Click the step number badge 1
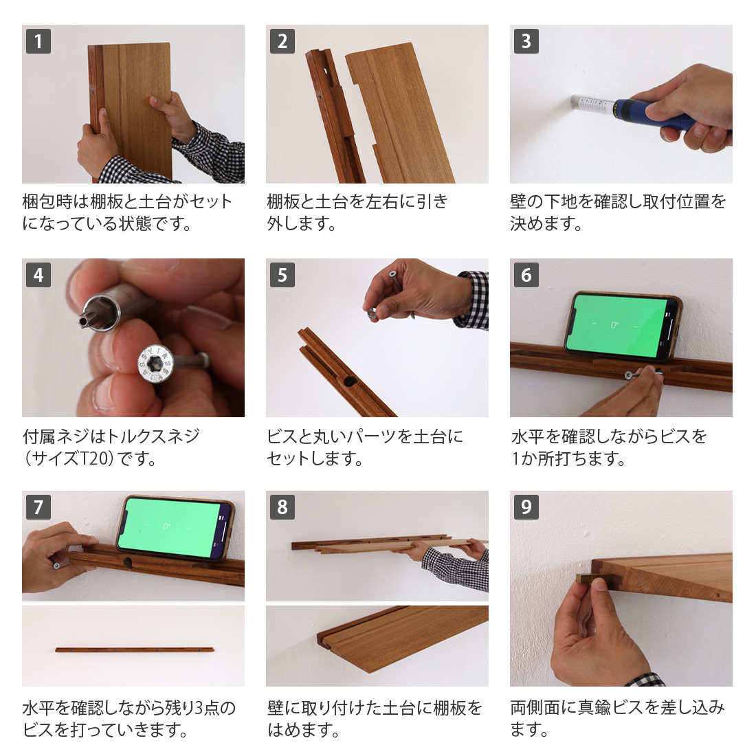tap(38, 41)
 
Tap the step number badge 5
tap(282, 275)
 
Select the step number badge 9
tap(526, 507)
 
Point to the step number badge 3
tap(526, 41)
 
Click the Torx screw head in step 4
tap(154, 364)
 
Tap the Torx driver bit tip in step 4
tap(100, 313)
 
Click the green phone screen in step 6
tap(616, 326)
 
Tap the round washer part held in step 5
tap(373, 313)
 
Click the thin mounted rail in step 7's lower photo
tap(135, 650)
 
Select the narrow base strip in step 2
tap(333, 115)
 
